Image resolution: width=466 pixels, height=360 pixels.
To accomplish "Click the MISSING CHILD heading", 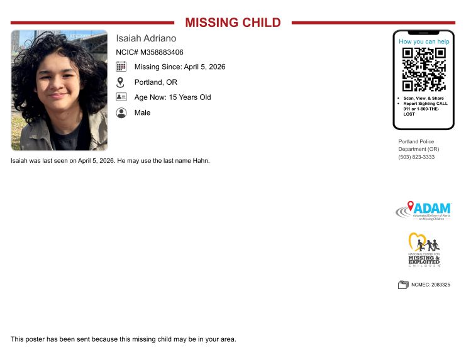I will [x=233, y=23].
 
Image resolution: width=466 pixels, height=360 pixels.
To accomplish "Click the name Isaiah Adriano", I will [x=146, y=38].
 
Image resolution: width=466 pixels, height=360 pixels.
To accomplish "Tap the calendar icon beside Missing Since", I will [x=121, y=67].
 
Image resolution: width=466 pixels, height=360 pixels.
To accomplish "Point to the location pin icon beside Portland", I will [x=121, y=82].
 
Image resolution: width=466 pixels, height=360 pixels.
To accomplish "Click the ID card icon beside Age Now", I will [x=121, y=97].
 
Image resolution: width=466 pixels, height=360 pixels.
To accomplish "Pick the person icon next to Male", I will [x=121, y=112].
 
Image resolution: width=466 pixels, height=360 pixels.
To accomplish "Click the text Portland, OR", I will [x=155, y=82].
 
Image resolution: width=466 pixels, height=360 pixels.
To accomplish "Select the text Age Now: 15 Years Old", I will [x=172, y=97].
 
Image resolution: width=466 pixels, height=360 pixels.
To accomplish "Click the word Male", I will [x=142, y=112].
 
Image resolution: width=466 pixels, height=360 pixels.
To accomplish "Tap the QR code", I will [x=424, y=69].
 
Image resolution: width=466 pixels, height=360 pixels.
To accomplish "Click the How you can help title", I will [x=424, y=41].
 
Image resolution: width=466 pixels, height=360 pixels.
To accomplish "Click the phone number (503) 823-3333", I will [x=416, y=156].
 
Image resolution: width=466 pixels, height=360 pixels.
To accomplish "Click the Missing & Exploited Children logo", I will [x=424, y=250].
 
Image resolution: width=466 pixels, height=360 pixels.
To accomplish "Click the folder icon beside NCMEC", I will [x=403, y=285].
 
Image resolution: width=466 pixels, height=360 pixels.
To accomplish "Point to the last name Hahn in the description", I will [x=201, y=161].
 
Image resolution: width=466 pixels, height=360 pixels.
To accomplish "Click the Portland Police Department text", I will [x=418, y=145].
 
